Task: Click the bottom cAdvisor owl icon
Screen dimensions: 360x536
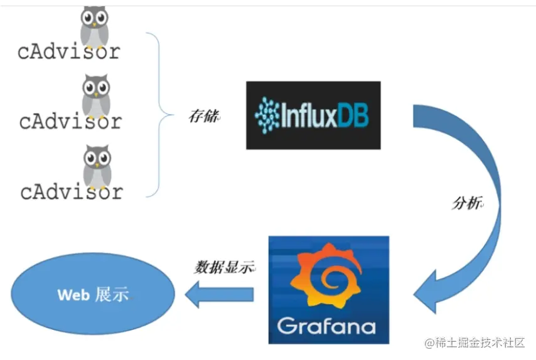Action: pos(97,166)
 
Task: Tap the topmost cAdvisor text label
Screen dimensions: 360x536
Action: pos(68,51)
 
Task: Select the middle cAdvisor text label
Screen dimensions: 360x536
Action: pos(70,120)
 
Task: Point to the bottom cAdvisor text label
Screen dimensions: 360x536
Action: pos(72,191)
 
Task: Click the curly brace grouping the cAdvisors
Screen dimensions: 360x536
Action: pos(159,115)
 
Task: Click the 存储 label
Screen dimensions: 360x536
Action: pos(204,117)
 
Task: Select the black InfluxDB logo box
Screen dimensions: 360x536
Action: pos(313,115)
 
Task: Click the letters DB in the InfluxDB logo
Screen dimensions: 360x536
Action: pos(355,116)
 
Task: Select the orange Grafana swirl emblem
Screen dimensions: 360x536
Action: pos(328,280)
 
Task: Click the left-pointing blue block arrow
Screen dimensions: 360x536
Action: pos(219,294)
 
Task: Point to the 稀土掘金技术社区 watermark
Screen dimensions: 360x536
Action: pos(474,342)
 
